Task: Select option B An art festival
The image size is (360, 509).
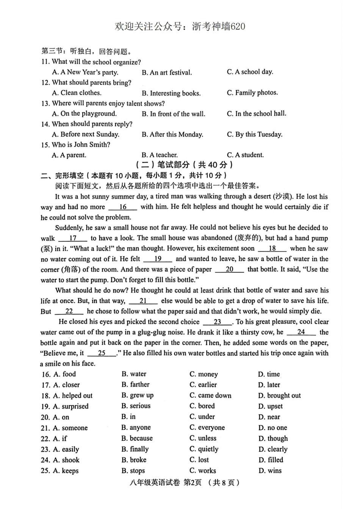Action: pyautogui.click(x=167, y=72)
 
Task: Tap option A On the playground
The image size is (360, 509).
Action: pyautogui.click(x=84, y=113)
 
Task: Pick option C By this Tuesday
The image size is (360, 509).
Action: pyautogui.click(x=255, y=134)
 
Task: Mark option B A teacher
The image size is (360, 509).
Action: pyautogui.click(x=160, y=155)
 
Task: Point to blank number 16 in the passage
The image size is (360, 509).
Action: pyautogui.click(x=123, y=207)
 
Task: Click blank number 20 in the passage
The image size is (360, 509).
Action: pyautogui.click(x=229, y=269)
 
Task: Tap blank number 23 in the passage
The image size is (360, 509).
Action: pyautogui.click(x=217, y=322)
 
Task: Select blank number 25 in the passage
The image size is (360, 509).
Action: pyautogui.click(x=102, y=353)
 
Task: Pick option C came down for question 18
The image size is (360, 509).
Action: pyautogui.click(x=210, y=395)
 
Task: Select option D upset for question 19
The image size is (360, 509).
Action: pyautogui.click(x=270, y=406)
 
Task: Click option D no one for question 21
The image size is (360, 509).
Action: pyautogui.click(x=272, y=428)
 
